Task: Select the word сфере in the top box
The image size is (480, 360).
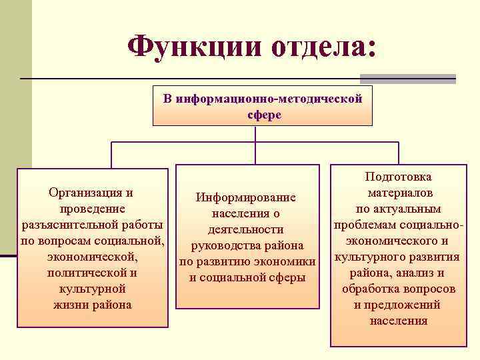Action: [263, 115]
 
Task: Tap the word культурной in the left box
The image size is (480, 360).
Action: [92, 289]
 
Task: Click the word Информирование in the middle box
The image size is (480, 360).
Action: [245, 197]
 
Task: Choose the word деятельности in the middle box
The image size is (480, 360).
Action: [245, 229]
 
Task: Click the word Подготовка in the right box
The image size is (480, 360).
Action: [399, 177]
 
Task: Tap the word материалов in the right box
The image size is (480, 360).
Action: [399, 193]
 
